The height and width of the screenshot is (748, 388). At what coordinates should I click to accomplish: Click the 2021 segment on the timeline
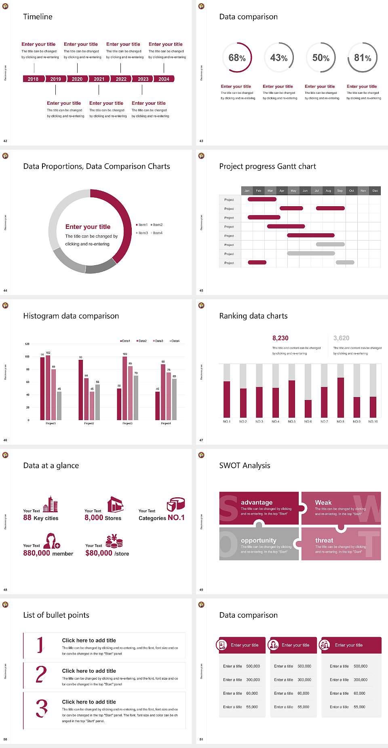pos(99,79)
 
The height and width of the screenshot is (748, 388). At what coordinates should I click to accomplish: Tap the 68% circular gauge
pos(237,58)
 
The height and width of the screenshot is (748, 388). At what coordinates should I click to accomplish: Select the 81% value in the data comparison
pos(363,58)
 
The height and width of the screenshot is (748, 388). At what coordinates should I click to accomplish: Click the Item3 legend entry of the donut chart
pos(142,233)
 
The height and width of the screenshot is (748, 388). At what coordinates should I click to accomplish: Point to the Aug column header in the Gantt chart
pos(328,190)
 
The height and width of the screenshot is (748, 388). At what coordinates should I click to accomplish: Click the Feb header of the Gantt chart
pos(259,190)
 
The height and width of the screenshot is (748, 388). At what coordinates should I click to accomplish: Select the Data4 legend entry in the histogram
pos(175,341)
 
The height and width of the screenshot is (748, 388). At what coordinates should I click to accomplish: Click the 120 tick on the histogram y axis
pos(27,344)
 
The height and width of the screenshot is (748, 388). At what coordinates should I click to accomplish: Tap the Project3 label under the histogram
pos(127,423)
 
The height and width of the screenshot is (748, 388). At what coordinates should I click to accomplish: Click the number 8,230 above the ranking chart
pos(280,338)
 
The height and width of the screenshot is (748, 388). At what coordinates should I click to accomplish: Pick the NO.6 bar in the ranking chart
pos(308,408)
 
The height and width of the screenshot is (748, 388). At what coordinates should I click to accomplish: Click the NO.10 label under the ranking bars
pos(373,421)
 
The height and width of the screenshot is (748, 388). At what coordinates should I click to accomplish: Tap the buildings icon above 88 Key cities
pos(51,504)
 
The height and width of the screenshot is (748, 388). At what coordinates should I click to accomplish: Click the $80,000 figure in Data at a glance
pos(99,553)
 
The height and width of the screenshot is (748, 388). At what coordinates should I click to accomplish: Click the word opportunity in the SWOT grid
pos(259,540)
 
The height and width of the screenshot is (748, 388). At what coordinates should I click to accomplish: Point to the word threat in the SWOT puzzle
pos(324,540)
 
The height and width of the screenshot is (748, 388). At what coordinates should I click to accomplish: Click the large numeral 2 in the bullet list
pos(41,674)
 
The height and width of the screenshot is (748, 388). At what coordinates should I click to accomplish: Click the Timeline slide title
pos(38,17)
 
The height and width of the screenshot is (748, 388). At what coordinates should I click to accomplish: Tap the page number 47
pos(201,440)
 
